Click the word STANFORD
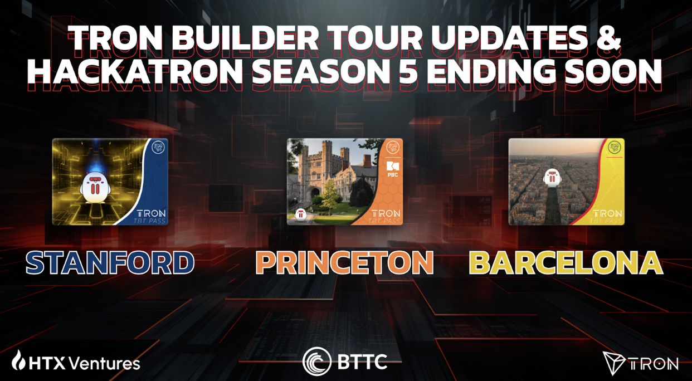110,263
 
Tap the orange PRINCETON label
344,263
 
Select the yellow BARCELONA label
566,263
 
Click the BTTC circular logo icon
316,362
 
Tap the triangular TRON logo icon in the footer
613,363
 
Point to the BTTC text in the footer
362,363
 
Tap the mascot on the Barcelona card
552,178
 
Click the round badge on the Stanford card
159,148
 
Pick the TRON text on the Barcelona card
607,213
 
